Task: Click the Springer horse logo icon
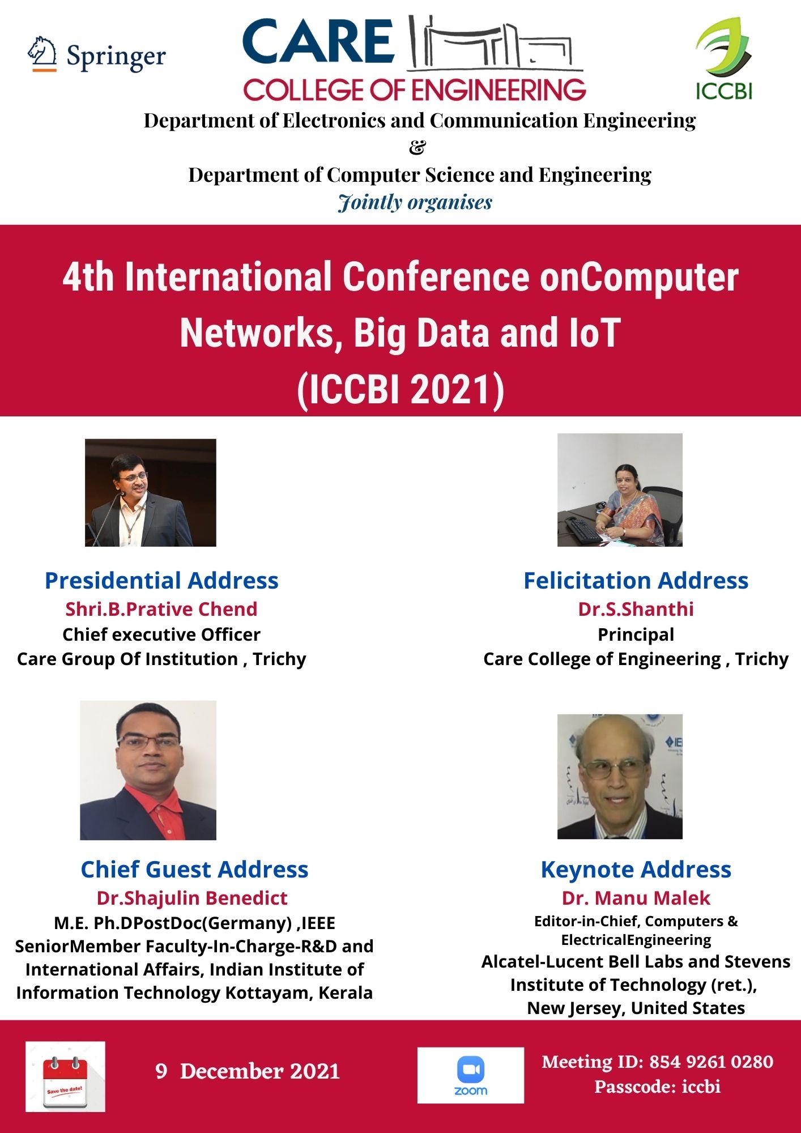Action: coord(42,54)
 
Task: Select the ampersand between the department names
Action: coord(416,147)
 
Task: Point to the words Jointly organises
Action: coord(415,202)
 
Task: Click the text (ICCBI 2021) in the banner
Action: coord(400,390)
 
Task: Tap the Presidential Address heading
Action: coord(161,581)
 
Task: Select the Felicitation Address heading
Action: coord(636,581)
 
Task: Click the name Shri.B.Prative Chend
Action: coord(161,609)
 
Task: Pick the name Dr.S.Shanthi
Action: coord(636,609)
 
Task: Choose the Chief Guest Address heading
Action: coord(194,870)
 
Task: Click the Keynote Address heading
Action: coord(636,870)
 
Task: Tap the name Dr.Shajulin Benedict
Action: coord(192,898)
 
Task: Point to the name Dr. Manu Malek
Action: coord(636,898)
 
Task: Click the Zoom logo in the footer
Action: coord(470,1075)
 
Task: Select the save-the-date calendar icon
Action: coord(65,1076)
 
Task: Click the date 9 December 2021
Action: coord(248,1071)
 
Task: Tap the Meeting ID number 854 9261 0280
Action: coord(711,1062)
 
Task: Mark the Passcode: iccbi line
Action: coord(657,1087)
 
